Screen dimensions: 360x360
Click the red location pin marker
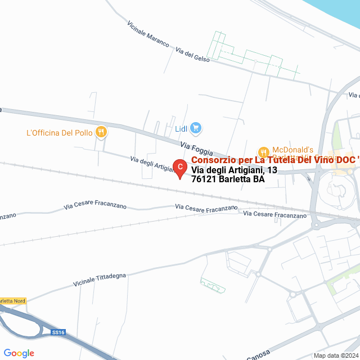pos(179,168)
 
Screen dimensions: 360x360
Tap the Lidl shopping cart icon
pos(195,128)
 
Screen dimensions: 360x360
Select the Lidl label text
pos(181,129)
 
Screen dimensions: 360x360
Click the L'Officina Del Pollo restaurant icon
pos(102,132)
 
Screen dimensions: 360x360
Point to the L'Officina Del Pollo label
pos(59,133)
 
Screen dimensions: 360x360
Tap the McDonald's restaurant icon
pos(263,152)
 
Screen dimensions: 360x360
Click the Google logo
pos(19,353)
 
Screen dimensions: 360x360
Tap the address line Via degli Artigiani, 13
pos(234,170)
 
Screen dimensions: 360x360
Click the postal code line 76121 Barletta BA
pos(228,180)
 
